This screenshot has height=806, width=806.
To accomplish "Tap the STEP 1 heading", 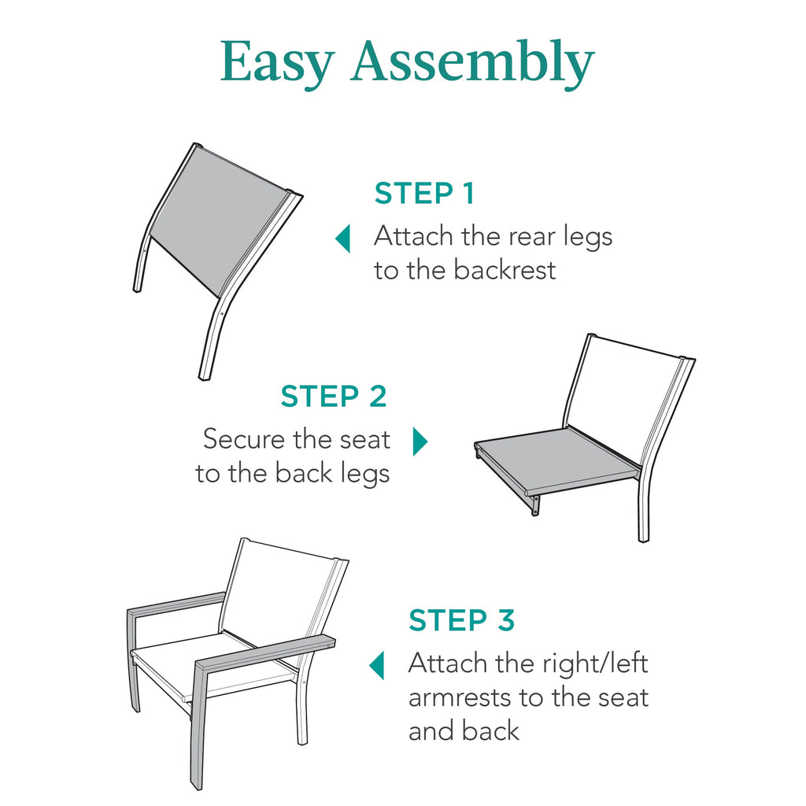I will pos(424,193).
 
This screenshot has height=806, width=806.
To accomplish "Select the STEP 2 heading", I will pos(334,397).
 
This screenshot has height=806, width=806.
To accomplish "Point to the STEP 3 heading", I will pos(461,620).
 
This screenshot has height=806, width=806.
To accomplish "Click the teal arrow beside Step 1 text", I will pos(342,238).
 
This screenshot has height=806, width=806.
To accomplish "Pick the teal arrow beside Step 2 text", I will pos(420,442).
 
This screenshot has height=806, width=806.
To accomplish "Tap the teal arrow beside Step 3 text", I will pos(377,665).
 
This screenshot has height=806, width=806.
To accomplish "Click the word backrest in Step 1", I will pos(505,270).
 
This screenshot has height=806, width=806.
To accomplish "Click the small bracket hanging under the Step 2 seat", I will pos(535,506).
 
